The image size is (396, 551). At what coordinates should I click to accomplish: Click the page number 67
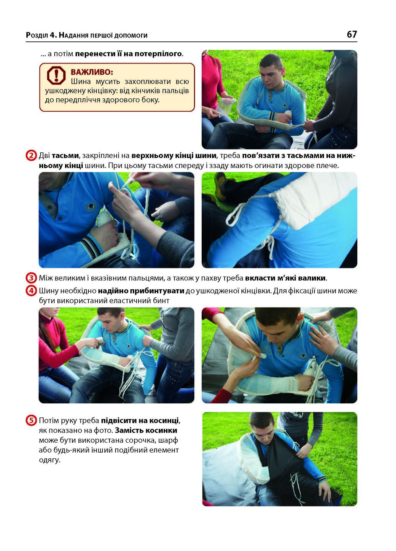click(352, 34)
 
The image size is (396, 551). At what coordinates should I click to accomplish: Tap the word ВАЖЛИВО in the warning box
click(92, 72)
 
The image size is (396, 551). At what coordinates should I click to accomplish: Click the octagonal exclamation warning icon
click(56, 75)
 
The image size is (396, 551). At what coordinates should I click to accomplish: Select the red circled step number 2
click(31, 156)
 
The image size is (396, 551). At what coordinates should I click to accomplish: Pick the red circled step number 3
click(31, 278)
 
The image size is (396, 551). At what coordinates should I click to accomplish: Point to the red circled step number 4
click(31, 291)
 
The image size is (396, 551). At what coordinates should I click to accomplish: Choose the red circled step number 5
click(31, 421)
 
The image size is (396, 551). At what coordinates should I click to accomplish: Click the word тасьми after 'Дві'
click(65, 156)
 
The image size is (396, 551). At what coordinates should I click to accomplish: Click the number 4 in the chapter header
click(52, 35)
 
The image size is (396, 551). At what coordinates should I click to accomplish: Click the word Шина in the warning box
click(81, 82)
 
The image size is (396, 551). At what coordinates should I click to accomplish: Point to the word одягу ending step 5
click(49, 460)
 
